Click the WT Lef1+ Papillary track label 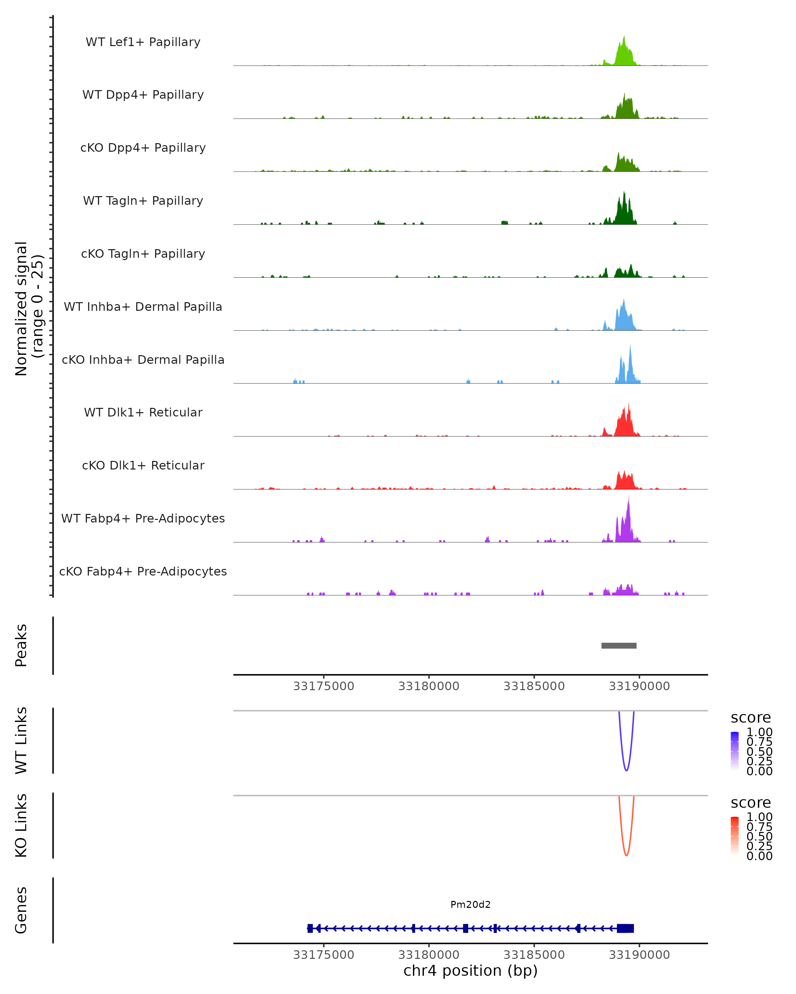pos(143,42)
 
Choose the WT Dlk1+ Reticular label pos(143,412)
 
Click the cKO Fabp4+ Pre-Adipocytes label pos(143,571)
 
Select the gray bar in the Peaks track pos(619,645)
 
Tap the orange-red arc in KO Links pos(626,854)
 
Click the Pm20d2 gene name pos(470,904)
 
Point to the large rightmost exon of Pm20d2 pos(625,928)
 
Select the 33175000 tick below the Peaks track pos(323,686)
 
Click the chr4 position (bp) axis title pos(470,971)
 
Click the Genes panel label pos(21,910)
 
